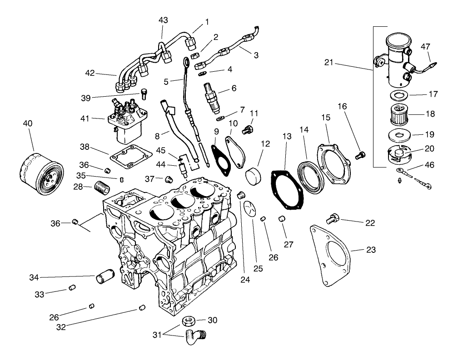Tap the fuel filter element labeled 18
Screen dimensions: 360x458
pos(398,114)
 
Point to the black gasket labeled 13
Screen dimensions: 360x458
pos(287,191)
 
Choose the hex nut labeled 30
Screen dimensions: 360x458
pos(189,321)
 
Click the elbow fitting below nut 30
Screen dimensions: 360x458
pos(195,338)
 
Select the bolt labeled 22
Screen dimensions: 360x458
pos(333,219)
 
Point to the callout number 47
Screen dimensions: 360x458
pos(425,46)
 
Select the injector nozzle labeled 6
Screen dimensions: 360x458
pos(213,97)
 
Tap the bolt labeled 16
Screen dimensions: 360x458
pos(360,156)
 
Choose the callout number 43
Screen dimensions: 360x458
pos(163,20)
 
